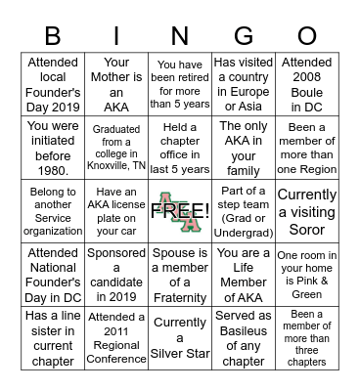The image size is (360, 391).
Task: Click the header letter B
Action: (x=53, y=36)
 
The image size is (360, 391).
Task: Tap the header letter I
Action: (x=116, y=36)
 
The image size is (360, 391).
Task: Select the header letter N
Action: (x=180, y=36)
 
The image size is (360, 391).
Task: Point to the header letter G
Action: (x=244, y=36)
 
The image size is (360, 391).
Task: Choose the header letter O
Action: (x=307, y=36)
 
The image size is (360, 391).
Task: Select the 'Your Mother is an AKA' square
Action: (x=116, y=83)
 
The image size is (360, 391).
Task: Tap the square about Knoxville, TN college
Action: (x=116, y=147)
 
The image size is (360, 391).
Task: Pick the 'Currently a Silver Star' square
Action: (x=180, y=337)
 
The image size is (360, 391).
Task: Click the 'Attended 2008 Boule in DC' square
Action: (x=307, y=83)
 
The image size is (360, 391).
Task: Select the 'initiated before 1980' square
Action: (x=53, y=147)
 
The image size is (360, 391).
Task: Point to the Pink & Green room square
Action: (x=307, y=274)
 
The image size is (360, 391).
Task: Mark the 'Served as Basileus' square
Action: (x=244, y=337)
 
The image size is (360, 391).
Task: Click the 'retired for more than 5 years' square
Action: (x=180, y=83)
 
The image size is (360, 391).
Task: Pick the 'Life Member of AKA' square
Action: (x=244, y=274)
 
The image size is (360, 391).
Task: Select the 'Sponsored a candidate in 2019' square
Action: (x=116, y=274)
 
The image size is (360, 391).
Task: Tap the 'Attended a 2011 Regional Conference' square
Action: (x=116, y=337)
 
